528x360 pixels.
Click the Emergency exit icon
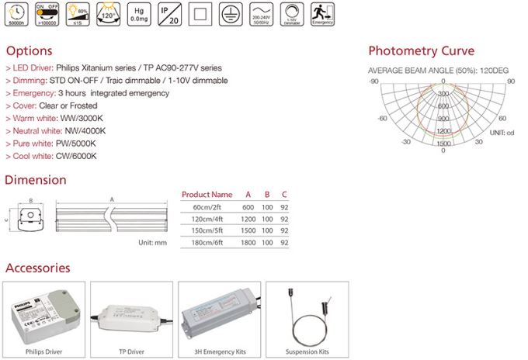[x=321, y=15]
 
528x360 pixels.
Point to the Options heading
[x=29, y=51]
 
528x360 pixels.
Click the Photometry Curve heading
[x=421, y=52]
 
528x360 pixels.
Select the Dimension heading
[x=36, y=180]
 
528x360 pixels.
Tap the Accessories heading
[x=38, y=268]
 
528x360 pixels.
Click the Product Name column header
[x=206, y=194]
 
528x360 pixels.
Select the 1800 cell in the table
[x=247, y=243]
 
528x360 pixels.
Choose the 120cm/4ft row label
[x=212, y=219]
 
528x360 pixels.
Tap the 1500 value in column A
[x=247, y=231]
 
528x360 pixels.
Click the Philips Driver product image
[x=44, y=314]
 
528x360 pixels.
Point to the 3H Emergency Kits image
[x=219, y=314]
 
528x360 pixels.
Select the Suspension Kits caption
[x=308, y=351]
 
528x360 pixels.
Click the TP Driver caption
[x=132, y=351]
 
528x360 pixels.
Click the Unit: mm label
[x=152, y=243]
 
